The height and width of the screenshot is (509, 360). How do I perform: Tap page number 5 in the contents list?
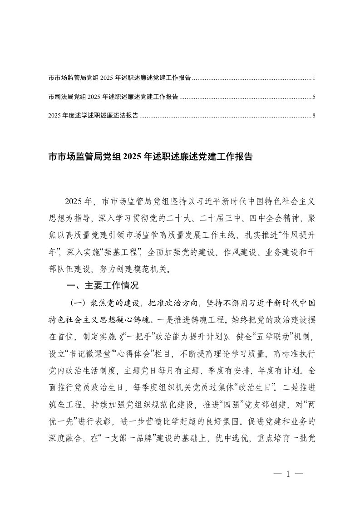point(314,97)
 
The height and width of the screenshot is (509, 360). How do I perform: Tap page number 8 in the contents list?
point(314,116)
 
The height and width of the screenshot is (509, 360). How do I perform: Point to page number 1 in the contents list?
point(314,78)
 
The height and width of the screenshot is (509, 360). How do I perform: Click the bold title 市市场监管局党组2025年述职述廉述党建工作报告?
point(150,157)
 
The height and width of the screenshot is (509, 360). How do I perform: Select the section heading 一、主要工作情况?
point(102,286)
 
